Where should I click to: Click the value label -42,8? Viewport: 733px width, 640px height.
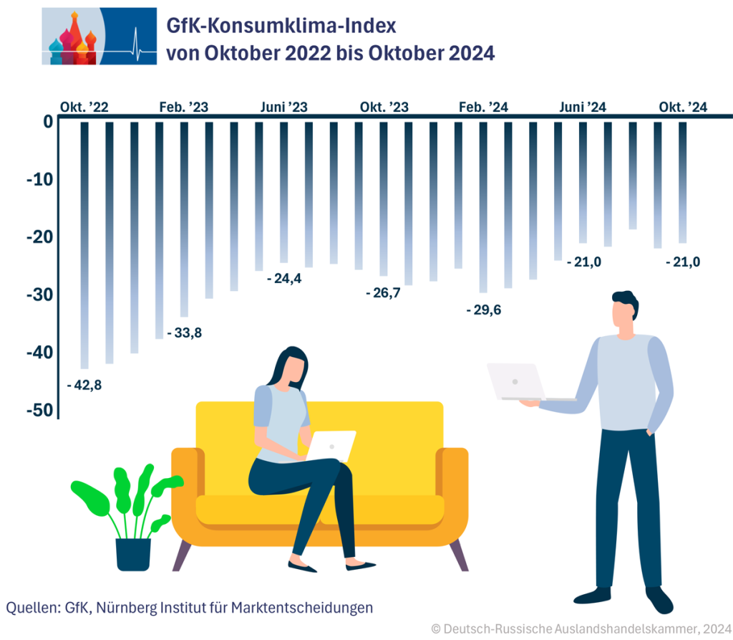[x=84, y=386]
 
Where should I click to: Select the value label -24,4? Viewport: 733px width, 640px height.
[x=283, y=278]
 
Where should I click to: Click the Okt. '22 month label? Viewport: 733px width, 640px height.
[x=84, y=108]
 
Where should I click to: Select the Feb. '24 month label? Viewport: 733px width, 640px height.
[x=483, y=108]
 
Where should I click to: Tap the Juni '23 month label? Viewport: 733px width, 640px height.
[x=283, y=108]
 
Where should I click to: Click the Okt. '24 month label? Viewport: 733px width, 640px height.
[x=683, y=108]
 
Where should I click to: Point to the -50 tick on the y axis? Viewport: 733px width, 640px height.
[x=39, y=410]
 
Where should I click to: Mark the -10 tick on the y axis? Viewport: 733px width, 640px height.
[x=39, y=179]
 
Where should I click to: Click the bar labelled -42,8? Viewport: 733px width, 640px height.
[x=84, y=244]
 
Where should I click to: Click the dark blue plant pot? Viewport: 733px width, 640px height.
[x=133, y=554]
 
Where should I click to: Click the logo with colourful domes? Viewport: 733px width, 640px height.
[x=99, y=37]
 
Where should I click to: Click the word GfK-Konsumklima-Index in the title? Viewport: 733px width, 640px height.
[x=281, y=27]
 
